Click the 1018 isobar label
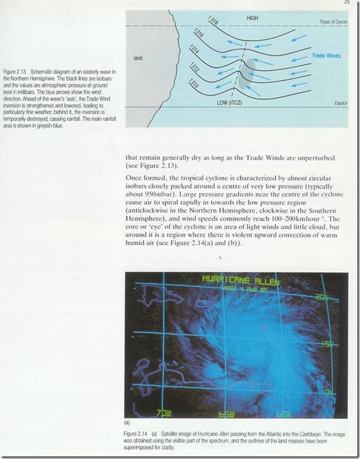click(213, 21)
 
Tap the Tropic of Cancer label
click(334, 22)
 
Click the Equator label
click(341, 102)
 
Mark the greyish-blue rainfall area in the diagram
click(247, 73)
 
